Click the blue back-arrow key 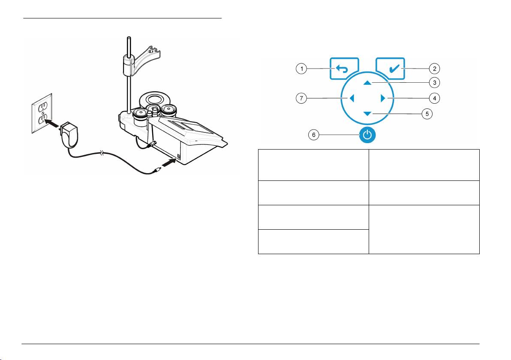(x=344, y=69)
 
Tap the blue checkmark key (x=390, y=69)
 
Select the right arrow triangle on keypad (x=382, y=99)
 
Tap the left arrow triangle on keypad (x=352, y=99)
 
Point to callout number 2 (x=434, y=69)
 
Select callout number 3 (x=434, y=82)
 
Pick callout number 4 (x=434, y=98)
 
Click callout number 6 (x=313, y=135)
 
